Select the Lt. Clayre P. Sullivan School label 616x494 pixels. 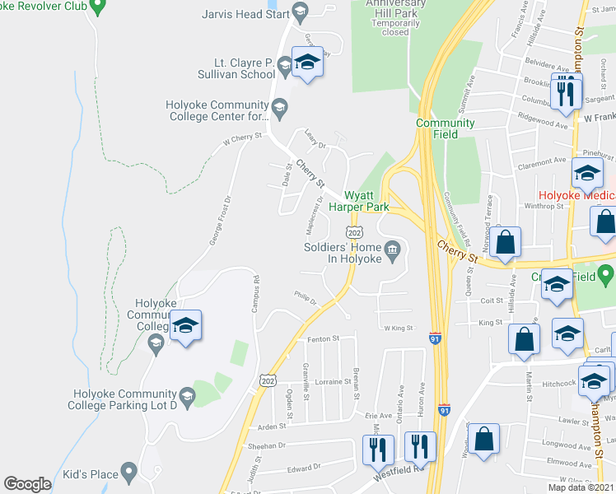pos(233,68)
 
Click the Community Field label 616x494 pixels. pos(445,123)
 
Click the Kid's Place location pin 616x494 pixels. pos(128,473)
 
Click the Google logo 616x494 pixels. pos(27,484)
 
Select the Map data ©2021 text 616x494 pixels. pos(580,487)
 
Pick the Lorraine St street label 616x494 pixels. pos(326,383)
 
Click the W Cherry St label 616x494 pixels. pos(242,141)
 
